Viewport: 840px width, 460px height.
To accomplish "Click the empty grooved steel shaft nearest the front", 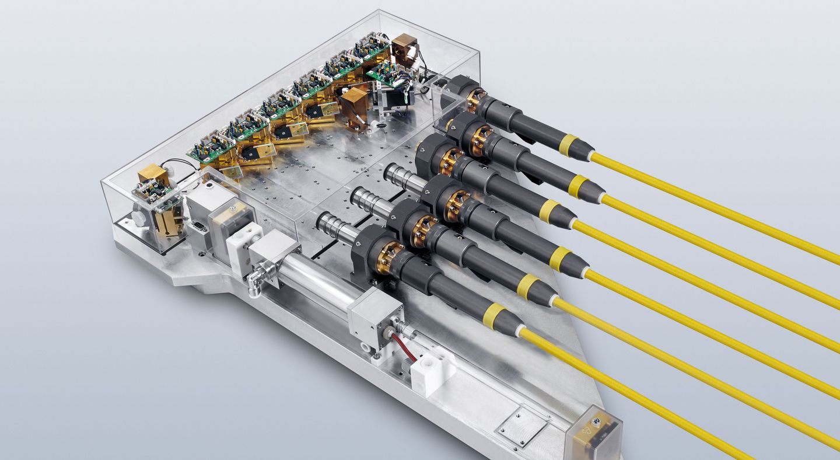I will coord(336,225).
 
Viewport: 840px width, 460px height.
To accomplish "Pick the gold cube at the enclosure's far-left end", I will coord(152,173).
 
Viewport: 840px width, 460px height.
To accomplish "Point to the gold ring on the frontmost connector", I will coord(388,257).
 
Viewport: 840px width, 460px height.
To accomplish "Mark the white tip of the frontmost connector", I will coord(519,330).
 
